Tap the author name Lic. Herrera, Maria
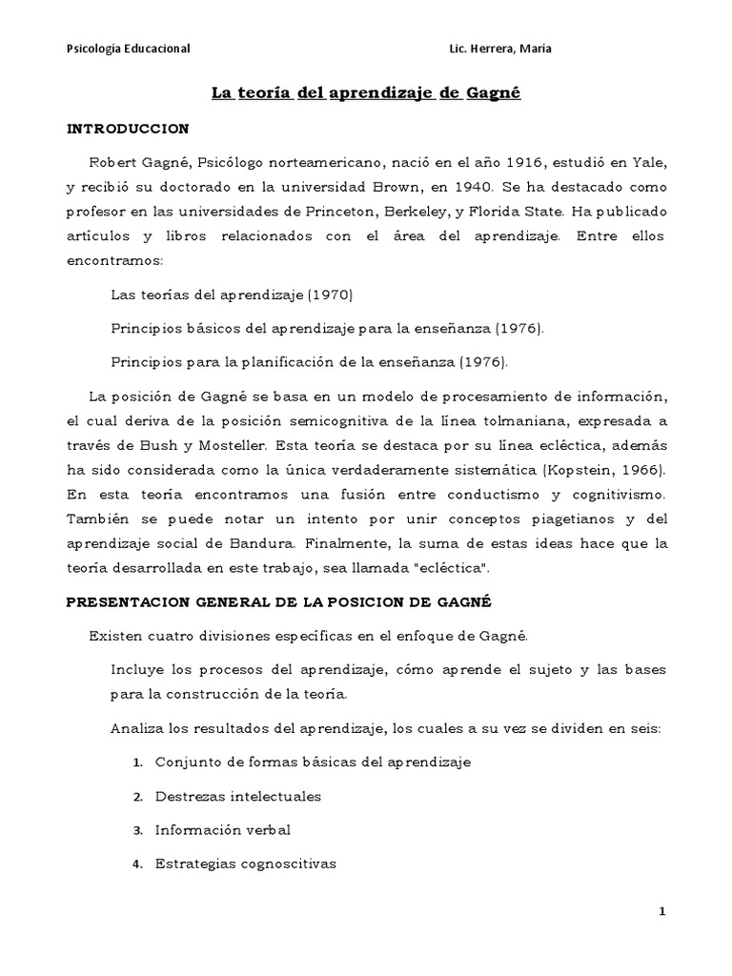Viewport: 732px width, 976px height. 498,49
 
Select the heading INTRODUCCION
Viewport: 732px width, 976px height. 128,128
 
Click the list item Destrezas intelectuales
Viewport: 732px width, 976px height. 239,796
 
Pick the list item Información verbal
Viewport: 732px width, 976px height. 223,830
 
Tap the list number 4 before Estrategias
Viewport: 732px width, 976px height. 137,864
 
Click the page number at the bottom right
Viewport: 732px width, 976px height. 662,912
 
